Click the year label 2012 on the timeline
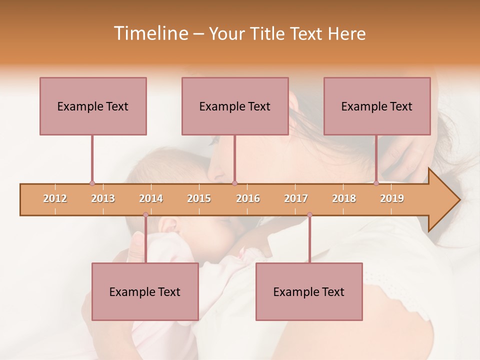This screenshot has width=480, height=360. point(55,198)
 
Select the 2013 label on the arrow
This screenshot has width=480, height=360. point(103,198)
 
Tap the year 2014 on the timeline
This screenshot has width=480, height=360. point(151,198)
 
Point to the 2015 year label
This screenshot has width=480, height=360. point(199,198)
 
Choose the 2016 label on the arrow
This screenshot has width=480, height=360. point(248,198)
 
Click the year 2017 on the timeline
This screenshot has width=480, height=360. point(296,198)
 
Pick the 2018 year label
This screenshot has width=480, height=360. point(344,198)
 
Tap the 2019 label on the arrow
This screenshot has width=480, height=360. point(392,198)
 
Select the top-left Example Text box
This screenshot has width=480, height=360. point(93,106)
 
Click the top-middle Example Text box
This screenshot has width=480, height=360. point(235,106)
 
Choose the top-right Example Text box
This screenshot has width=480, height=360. point(377,106)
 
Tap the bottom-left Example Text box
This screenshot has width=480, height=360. point(145,291)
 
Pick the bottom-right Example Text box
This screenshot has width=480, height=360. point(309,291)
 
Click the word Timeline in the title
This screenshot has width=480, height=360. point(149,33)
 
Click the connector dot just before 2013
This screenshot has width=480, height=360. point(92,183)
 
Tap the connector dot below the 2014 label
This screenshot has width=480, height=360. point(145,215)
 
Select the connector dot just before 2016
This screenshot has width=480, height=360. point(234,183)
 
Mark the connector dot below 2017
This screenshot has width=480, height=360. point(309,215)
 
